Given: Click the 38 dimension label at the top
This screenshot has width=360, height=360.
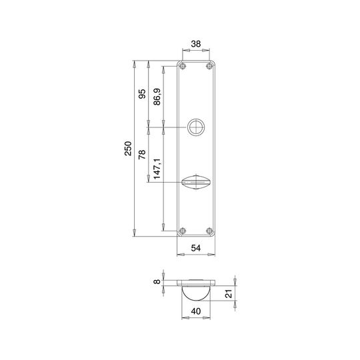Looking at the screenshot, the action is point(196,44).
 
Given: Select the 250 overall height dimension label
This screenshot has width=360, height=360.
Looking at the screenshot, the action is point(129,149).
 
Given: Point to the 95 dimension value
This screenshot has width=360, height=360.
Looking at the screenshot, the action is point(142,94).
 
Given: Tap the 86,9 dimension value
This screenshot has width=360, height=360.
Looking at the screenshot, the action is point(157,97).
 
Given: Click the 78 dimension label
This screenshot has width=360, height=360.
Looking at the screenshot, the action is point(142,155).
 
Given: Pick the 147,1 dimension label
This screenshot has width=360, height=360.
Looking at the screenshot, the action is point(157,169).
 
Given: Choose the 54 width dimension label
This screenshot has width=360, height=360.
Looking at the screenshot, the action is point(196,248).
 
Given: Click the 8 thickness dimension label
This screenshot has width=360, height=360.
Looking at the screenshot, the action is point(157,281).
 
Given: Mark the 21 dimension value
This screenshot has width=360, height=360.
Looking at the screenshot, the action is point(229,293).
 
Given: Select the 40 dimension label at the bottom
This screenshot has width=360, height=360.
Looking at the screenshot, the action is point(196,311).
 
